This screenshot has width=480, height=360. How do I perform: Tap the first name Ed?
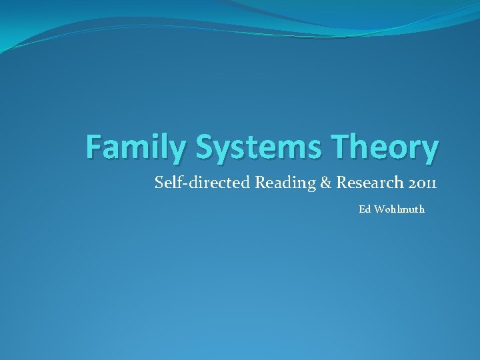click(365, 209)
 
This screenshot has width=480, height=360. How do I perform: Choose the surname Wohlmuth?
click(400, 209)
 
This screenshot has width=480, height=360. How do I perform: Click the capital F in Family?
click(95, 147)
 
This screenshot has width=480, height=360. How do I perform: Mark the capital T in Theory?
click(340, 147)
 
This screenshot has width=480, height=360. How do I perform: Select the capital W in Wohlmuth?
click(381, 209)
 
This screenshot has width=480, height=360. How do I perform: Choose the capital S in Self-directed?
click(159, 181)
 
